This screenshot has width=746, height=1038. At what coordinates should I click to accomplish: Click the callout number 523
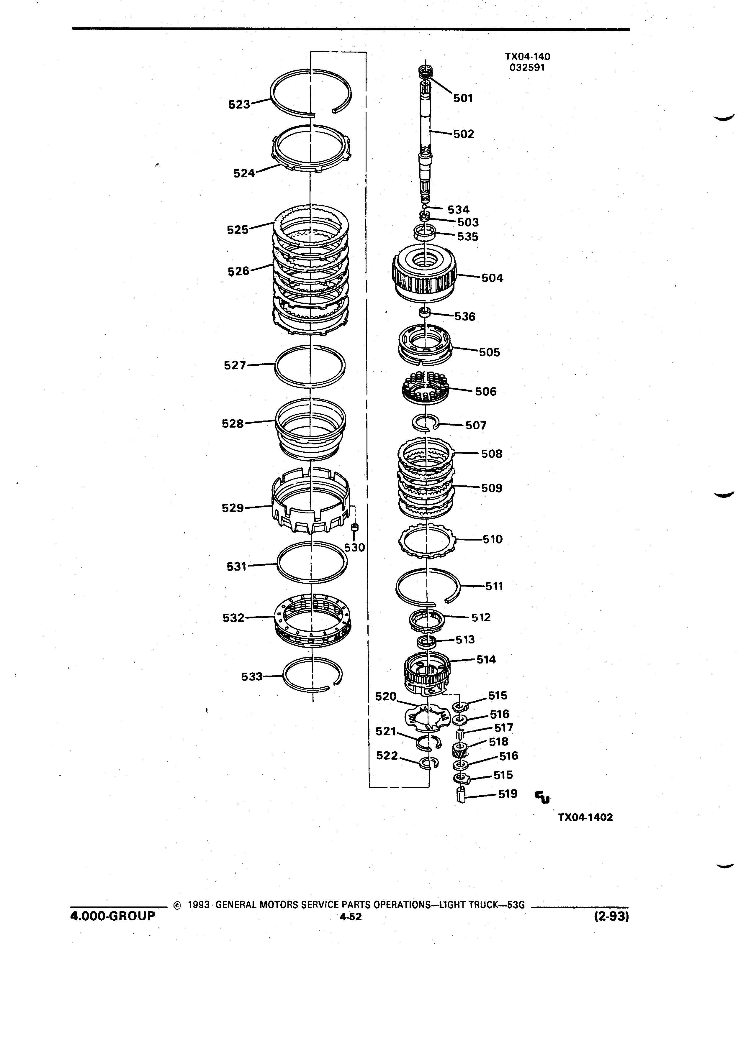click(239, 104)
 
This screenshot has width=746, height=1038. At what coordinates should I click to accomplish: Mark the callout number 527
click(235, 365)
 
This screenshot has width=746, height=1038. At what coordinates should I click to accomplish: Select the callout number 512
click(481, 617)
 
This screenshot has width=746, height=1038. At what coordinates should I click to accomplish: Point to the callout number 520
click(386, 696)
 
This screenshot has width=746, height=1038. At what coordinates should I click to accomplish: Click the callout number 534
click(458, 210)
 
